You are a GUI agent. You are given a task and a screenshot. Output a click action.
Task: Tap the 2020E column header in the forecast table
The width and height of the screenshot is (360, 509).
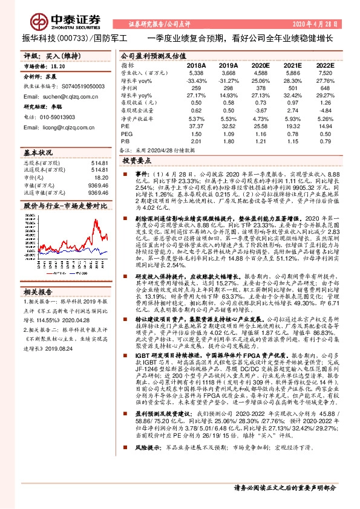(260, 65)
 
